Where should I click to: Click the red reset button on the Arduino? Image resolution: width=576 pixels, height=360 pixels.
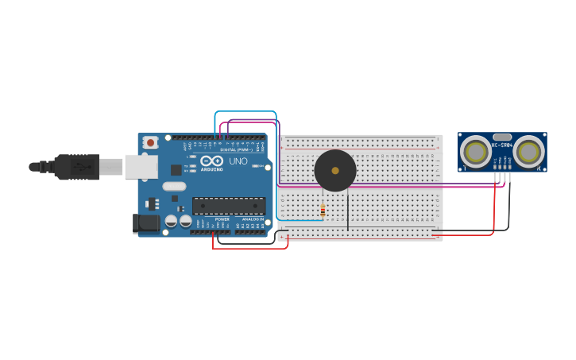(x=150, y=142)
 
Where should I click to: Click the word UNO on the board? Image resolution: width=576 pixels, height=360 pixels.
(x=238, y=161)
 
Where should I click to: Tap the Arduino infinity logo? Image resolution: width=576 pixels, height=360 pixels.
(x=211, y=161)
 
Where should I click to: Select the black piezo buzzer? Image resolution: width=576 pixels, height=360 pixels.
(x=335, y=171)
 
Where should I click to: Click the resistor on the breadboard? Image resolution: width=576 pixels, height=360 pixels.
(x=323, y=211)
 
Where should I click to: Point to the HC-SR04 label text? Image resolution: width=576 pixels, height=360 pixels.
(x=502, y=145)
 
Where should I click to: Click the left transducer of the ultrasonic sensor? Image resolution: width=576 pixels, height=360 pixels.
(x=476, y=151)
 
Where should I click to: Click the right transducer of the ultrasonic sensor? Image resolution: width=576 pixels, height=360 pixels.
(x=528, y=151)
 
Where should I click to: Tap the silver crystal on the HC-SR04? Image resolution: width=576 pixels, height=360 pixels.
(x=502, y=137)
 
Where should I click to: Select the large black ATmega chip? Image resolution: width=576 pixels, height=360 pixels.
(x=229, y=206)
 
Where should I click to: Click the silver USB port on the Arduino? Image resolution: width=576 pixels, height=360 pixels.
(x=141, y=167)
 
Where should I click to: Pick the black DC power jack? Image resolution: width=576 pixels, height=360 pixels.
(x=147, y=223)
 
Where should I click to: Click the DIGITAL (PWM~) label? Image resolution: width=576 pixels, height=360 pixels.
(x=236, y=149)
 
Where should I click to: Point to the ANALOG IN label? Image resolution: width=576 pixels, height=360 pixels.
(x=253, y=219)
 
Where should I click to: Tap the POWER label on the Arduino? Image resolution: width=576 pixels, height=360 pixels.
(x=222, y=219)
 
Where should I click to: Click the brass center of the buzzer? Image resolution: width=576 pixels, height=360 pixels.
(x=335, y=171)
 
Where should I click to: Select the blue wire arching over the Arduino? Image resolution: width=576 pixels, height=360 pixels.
(x=245, y=112)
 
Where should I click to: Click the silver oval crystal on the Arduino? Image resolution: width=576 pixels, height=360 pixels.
(x=174, y=187)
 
